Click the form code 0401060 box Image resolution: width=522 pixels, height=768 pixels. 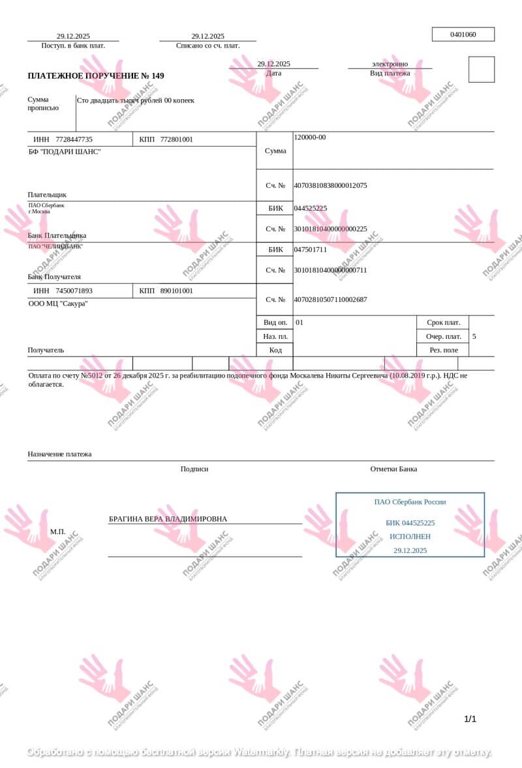(463, 35)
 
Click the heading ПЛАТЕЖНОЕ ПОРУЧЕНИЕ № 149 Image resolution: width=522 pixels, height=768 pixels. (96, 76)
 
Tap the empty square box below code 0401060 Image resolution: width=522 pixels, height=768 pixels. (482, 70)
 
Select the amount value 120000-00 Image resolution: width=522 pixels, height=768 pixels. (310, 137)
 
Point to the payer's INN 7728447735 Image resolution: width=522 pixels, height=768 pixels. (74, 140)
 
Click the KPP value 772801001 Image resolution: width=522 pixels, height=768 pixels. (176, 140)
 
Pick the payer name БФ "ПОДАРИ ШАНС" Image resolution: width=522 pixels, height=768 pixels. (65, 152)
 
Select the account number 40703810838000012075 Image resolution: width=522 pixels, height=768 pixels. (330, 185)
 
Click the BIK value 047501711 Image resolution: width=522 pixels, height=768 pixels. (311, 249)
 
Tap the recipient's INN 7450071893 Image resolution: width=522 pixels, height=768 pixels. (74, 291)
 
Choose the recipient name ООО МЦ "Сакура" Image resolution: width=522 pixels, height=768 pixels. (58, 304)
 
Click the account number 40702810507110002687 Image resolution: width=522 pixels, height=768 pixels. (330, 299)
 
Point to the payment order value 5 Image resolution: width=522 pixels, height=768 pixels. (474, 336)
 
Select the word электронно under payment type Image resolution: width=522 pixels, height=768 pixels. (390, 64)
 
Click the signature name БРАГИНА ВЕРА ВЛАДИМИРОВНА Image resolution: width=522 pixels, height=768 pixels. (168, 519)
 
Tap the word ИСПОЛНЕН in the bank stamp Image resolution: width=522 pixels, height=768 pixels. (410, 537)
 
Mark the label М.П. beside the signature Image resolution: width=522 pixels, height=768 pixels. (58, 531)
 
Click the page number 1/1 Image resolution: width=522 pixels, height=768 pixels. (470, 719)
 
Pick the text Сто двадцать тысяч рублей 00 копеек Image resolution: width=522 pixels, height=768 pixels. (136, 100)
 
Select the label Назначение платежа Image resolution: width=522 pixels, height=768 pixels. (59, 454)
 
